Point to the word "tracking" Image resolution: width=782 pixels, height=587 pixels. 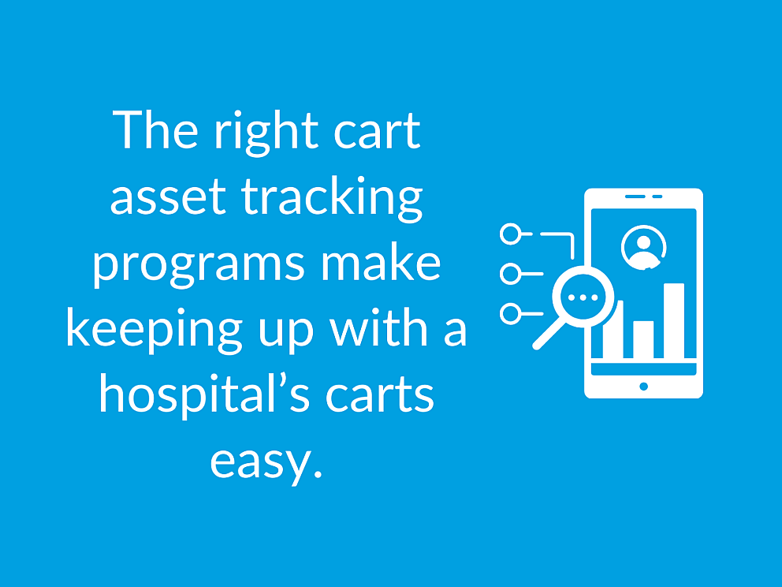pyautogui.click(x=333, y=200)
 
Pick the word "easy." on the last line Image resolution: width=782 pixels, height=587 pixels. pyautogui.click(x=266, y=462)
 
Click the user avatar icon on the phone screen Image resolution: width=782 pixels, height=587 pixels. pyautogui.click(x=643, y=246)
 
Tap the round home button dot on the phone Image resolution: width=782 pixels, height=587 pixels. pyautogui.click(x=644, y=387)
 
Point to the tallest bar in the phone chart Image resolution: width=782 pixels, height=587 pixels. pyautogui.click(x=674, y=320)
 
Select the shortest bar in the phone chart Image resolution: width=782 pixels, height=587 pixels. pyautogui.click(x=643, y=339)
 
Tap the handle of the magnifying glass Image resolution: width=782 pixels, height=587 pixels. pyautogui.click(x=546, y=335)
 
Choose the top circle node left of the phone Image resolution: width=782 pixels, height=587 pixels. pyautogui.click(x=511, y=234)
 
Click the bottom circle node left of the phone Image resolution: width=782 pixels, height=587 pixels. pyautogui.click(x=511, y=314)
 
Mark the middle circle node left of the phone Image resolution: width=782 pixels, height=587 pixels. pyautogui.click(x=511, y=275)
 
